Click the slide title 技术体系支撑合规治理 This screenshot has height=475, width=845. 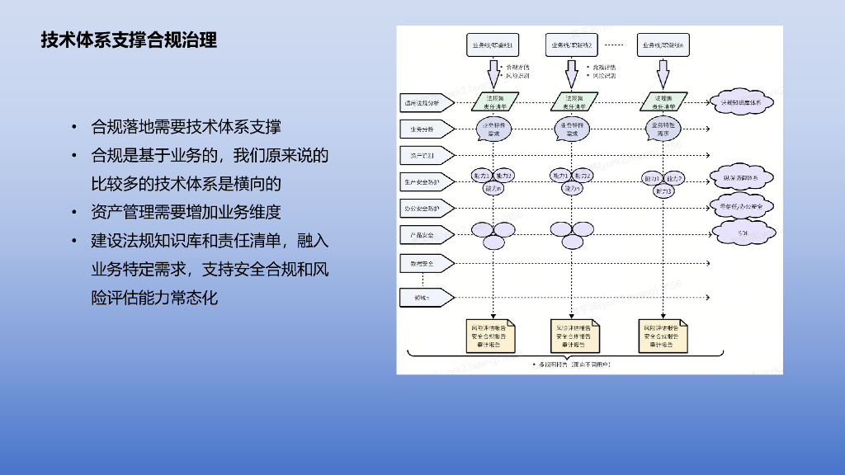(129, 40)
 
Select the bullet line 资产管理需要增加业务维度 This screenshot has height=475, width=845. (186, 212)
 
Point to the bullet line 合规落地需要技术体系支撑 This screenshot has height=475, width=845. (186, 126)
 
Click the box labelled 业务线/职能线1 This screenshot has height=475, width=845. (493, 45)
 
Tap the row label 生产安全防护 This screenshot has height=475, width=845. (424, 181)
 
